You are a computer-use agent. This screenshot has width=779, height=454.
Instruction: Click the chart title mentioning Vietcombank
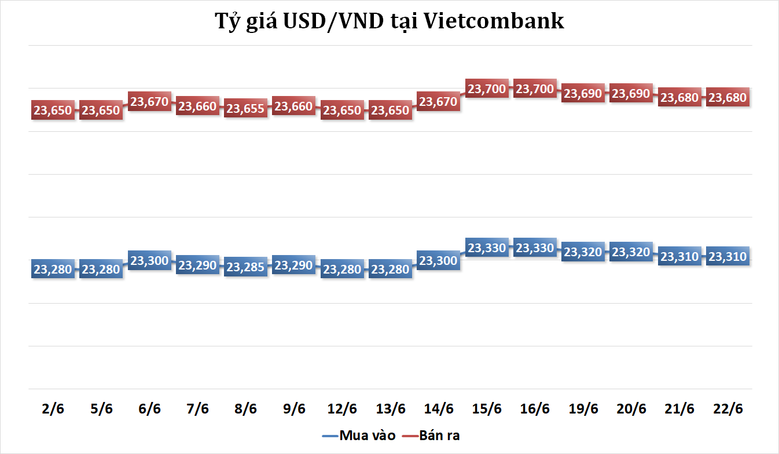pos(389,21)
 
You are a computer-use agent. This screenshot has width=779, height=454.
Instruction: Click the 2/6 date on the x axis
pos(53,408)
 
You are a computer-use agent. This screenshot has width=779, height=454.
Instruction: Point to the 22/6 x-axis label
pos(727,408)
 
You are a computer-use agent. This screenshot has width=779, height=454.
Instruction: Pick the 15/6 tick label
pos(487,408)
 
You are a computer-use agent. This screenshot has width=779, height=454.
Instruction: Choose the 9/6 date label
pos(294,408)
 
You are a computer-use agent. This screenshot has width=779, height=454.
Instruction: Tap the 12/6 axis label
pos(342,408)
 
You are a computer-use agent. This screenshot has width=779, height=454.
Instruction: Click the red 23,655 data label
pos(245,109)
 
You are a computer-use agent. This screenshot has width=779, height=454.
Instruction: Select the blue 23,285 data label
pos(245,267)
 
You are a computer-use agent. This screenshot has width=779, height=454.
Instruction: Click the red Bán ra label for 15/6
pos(487,89)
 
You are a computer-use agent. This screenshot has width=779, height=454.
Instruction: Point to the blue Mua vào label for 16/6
pos(535,248)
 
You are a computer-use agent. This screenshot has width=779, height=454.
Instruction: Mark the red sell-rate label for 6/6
pos(149,102)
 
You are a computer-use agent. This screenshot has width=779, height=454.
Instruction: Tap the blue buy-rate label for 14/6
pos(438,261)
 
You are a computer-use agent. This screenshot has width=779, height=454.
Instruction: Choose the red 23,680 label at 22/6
pos(727,98)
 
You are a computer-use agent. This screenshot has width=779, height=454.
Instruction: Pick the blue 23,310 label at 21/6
pos(679,256)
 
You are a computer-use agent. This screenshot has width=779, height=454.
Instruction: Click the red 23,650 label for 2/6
pos(53,110)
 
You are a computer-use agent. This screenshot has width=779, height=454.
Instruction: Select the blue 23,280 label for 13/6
pos(390,269)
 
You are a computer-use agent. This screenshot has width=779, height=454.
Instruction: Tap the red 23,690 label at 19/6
pos(583,94)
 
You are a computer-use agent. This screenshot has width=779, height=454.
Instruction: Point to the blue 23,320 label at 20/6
pos(631,252)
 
